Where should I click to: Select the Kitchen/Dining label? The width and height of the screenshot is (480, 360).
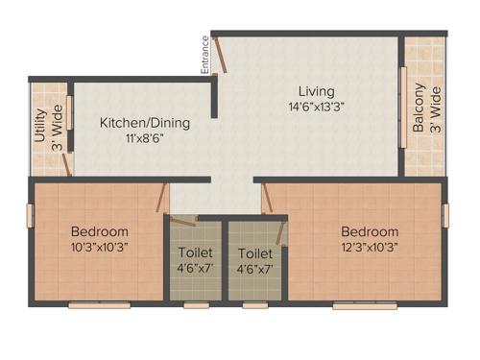coord(145,123)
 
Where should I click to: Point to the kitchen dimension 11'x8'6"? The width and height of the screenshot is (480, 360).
coord(145,139)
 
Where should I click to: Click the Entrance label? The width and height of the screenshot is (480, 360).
coord(204,55)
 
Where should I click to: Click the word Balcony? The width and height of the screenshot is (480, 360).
coord(419,108)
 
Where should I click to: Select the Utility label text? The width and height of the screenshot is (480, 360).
coord(39,126)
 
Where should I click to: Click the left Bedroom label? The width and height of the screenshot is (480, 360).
coord(99,231)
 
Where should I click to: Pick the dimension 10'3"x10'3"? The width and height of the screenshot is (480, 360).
coord(99,248)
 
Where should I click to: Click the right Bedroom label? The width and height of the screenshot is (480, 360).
coord(369,231)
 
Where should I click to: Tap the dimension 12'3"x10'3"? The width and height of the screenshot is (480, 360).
coord(369,248)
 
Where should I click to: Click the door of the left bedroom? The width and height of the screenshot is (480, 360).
coord(163,198)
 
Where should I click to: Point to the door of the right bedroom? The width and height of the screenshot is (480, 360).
coord(268,200)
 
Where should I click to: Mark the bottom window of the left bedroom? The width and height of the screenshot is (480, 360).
coord(99,305)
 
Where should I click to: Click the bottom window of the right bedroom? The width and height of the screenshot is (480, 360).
coord(365,305)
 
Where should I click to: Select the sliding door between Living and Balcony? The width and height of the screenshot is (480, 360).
coord(402,107)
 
